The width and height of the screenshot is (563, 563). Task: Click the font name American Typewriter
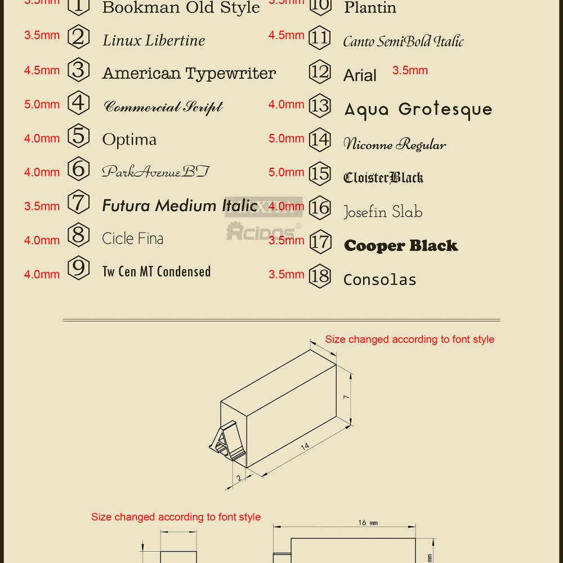(x=189, y=73)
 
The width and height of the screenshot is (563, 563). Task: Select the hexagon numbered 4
(x=79, y=104)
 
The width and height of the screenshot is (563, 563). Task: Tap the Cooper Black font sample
(x=401, y=245)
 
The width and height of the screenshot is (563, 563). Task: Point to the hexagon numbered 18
(x=320, y=276)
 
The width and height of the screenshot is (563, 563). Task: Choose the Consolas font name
(x=380, y=280)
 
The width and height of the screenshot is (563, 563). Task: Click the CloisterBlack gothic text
(x=383, y=178)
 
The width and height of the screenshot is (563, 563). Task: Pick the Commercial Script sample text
(x=164, y=107)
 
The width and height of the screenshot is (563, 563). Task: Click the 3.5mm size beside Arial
(x=410, y=70)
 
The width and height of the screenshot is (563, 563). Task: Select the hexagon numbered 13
(x=320, y=106)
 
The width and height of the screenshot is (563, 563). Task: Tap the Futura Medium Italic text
(x=180, y=206)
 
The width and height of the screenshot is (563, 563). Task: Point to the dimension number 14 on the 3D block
(x=305, y=446)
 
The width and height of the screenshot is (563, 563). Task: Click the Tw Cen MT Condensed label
(x=157, y=272)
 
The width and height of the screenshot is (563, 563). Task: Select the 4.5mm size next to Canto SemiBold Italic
(x=286, y=35)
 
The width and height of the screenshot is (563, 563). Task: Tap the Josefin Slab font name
(x=383, y=212)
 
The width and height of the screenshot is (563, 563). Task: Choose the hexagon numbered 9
(x=79, y=268)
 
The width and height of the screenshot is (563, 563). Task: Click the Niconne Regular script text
(x=395, y=145)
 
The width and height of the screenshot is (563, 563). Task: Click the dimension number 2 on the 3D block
(x=238, y=478)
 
